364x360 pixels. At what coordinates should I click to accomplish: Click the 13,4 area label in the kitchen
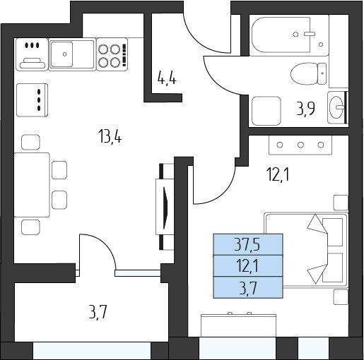pos(110,137)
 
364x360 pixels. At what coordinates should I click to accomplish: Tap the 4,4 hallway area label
pos(167,78)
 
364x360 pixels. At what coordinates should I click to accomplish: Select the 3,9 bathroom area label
pos(305,108)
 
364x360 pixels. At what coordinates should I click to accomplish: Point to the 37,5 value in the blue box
pos(247,245)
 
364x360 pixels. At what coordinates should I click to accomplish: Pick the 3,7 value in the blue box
pos(248,288)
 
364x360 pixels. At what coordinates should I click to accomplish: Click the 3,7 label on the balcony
pos(98,313)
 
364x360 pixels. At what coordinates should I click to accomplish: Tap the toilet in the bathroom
pos(308,73)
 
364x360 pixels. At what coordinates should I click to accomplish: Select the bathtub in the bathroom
pos(290,35)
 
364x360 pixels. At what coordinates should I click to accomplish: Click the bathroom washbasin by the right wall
pos(336,107)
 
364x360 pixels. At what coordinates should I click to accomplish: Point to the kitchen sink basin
pos(61,54)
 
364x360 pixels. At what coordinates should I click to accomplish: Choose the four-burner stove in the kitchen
pos(112,54)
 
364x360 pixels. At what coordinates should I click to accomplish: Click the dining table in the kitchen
pos(32,185)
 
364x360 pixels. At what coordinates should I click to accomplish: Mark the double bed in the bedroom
pos(306,250)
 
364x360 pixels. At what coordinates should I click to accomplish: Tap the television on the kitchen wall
pos(165,207)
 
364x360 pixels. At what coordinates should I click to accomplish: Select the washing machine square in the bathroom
pos(266,111)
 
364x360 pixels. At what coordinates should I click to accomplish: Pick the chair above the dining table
pos(30,142)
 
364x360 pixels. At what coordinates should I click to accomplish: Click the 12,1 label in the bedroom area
pos(278,176)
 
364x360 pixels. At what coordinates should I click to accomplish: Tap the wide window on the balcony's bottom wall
pos(92,351)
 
